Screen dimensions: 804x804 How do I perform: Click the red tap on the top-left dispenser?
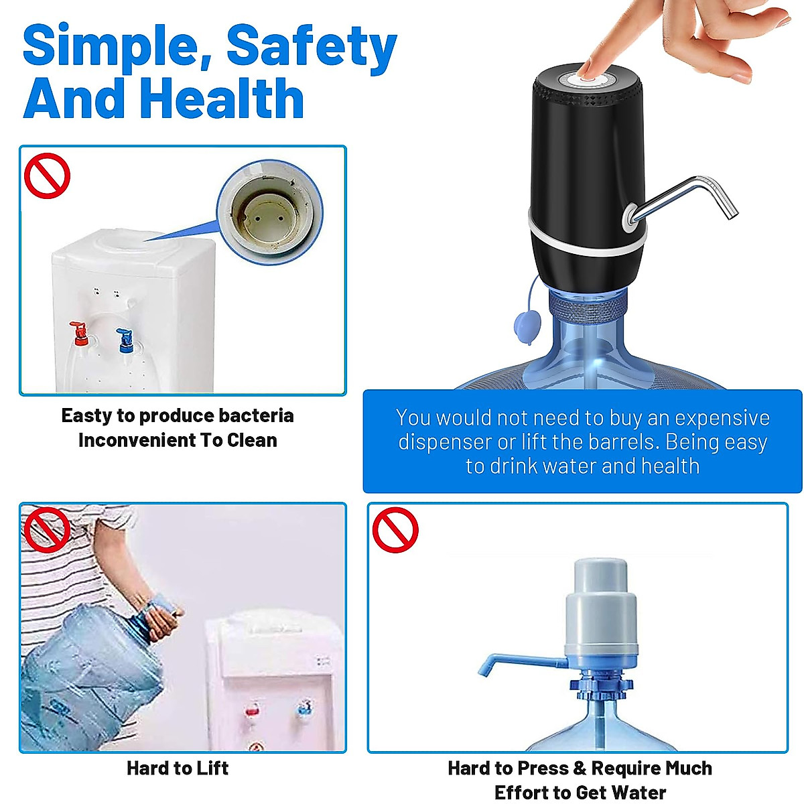(80, 332)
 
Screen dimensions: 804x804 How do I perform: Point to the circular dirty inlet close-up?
(269, 212)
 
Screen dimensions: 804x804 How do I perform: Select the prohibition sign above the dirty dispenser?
(47, 176)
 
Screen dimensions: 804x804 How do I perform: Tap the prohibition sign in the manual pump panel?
(395, 529)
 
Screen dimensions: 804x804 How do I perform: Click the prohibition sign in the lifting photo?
(47, 529)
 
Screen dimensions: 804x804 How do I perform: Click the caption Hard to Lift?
(178, 768)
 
